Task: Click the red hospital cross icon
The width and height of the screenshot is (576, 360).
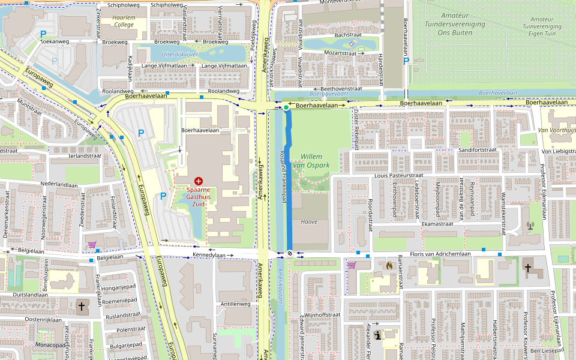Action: click(199, 181)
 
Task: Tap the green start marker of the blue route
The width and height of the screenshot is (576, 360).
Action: click(286, 107)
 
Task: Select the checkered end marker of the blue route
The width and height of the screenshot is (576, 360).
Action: click(289, 253)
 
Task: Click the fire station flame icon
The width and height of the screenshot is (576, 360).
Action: click(389, 265)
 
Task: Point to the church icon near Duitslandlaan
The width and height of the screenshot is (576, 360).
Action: click(82, 307)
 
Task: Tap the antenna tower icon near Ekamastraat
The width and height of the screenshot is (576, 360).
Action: click(530, 226)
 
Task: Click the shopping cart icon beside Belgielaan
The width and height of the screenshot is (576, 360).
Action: click(92, 245)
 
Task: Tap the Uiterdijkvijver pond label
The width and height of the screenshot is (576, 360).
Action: click(179, 54)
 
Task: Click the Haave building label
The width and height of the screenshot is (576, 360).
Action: click(309, 221)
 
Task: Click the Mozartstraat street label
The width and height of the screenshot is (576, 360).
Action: click(340, 53)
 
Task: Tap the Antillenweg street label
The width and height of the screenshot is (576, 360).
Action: click(235, 304)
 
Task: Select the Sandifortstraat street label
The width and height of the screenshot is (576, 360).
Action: click(478, 149)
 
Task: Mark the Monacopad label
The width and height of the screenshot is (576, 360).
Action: click(51, 345)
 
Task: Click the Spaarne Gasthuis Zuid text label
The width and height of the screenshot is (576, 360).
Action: click(199, 197)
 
